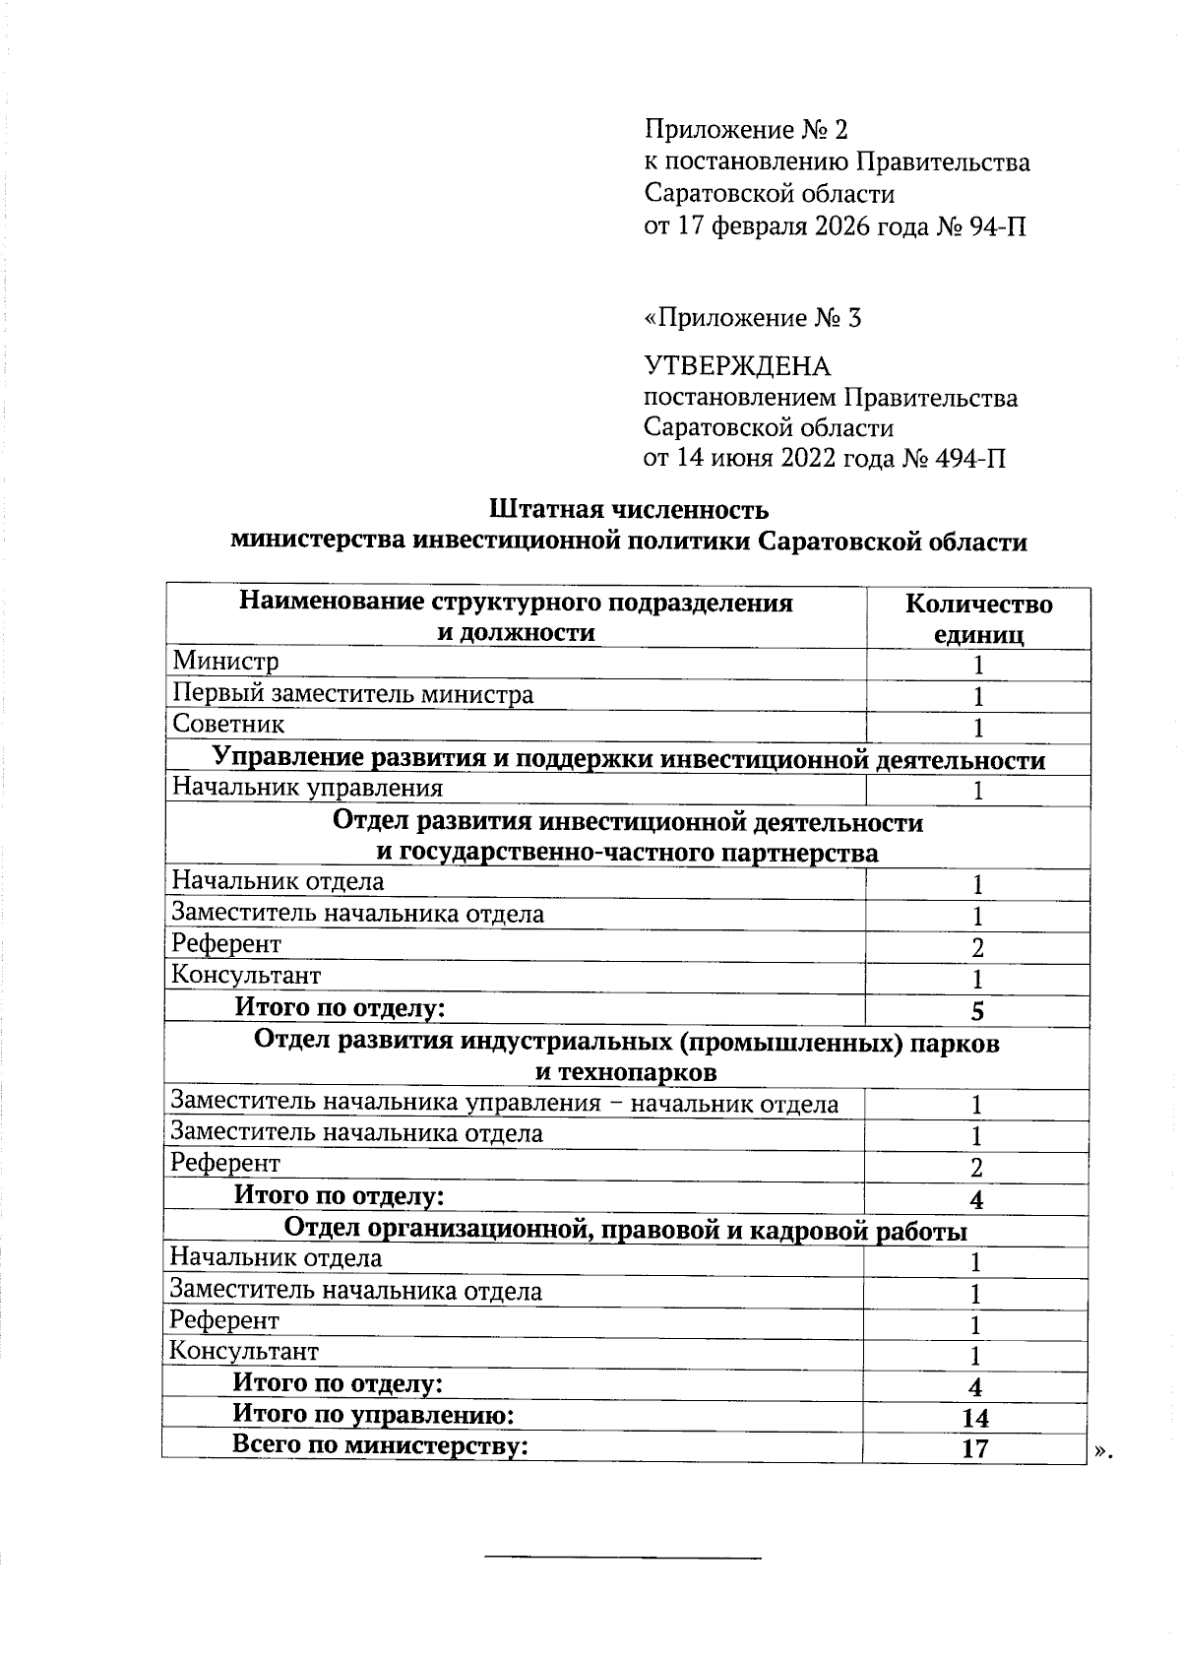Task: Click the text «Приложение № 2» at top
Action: pos(745,130)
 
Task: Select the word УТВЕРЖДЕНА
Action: pos(736,367)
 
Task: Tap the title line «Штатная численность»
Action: pos(628,510)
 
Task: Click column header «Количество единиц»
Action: pos(977,618)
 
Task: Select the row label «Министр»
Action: pos(225,662)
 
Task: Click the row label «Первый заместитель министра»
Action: pos(352,694)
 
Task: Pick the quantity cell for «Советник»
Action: pos(977,729)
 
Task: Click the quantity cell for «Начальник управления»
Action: pos(977,791)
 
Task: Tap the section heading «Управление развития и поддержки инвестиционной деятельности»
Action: pos(628,759)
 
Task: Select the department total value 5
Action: pos(977,1011)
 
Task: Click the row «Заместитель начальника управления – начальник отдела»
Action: pos(504,1104)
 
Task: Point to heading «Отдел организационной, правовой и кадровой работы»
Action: pos(625,1230)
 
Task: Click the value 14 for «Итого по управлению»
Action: pos(974,1418)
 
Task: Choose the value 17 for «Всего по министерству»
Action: pos(974,1448)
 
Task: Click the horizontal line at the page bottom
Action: pos(622,1558)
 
